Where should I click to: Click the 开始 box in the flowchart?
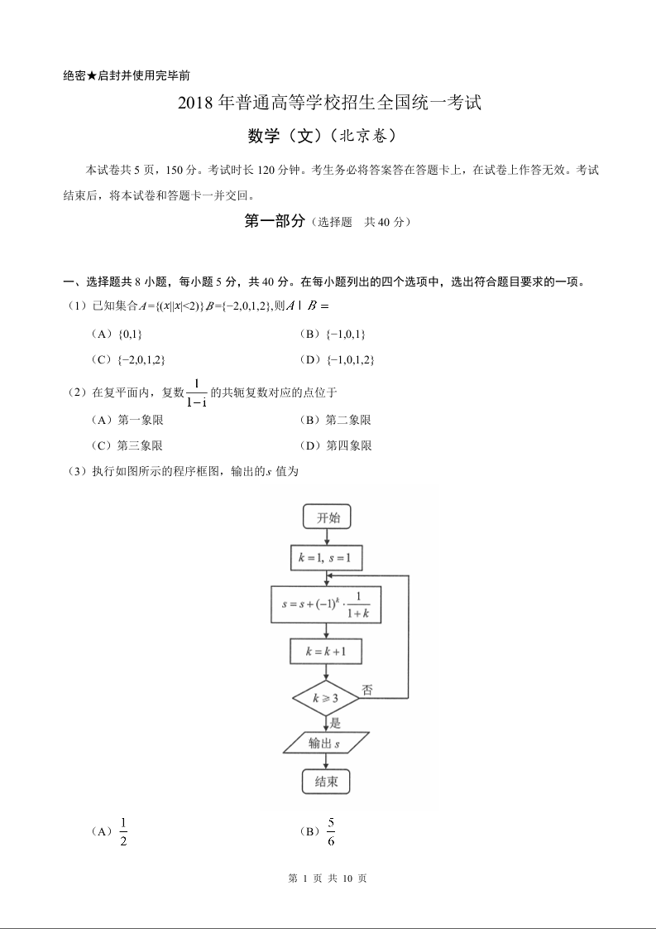327,517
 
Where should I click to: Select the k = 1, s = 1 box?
326,559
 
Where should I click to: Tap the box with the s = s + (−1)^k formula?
326,605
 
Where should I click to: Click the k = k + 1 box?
326,652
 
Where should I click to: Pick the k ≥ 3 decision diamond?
326,699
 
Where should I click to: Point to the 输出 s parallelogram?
326,743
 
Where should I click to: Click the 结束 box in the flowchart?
326,782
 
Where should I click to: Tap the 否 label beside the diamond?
366,689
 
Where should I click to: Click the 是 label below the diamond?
335,722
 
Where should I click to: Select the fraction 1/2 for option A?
123,831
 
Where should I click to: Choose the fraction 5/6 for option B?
331,831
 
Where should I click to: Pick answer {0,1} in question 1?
131,334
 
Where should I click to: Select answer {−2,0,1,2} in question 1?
141,359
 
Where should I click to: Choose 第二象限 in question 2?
348,421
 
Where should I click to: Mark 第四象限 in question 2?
348,445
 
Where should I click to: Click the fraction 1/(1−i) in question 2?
197,392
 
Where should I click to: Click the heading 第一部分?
275,221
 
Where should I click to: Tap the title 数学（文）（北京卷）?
328,134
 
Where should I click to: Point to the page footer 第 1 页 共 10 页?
328,878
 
